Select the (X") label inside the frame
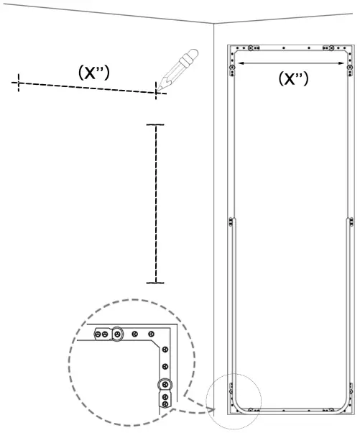[293, 78]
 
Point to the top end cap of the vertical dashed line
[155, 125]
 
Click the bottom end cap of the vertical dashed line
[155, 283]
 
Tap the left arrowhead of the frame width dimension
[239, 63]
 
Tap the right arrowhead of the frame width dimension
[344, 63]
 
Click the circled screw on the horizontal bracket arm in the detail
[117, 334]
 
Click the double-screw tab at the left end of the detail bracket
[101, 334]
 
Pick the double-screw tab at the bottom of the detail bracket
[165, 398]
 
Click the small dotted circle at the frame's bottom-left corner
[234, 400]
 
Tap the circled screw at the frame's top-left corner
[231, 68]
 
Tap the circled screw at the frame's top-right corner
[350, 68]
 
